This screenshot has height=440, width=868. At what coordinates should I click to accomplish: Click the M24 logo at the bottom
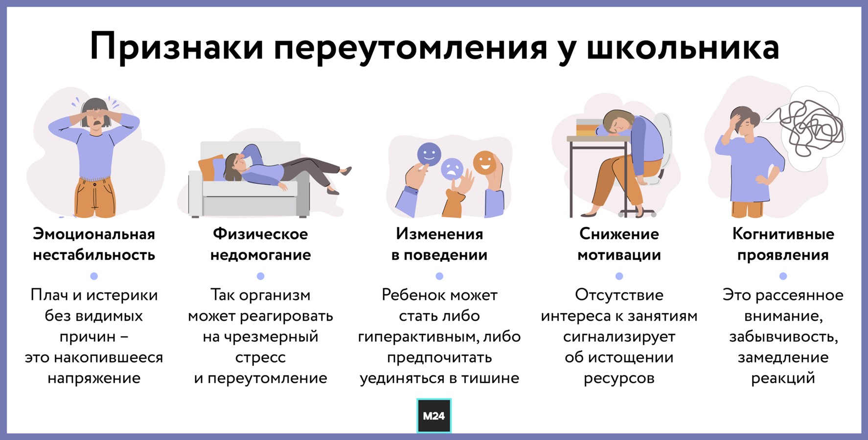coord(434,416)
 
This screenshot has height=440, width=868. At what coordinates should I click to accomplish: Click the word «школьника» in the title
coord(683,47)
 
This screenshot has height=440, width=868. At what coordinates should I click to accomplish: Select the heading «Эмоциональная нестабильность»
coord(94,244)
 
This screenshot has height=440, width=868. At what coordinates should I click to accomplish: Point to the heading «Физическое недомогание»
coord(260,244)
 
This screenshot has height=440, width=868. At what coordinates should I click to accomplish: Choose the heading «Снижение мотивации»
coord(619,244)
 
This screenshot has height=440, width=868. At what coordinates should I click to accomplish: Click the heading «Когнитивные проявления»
coord(783,244)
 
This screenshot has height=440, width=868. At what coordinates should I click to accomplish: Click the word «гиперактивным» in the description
coord(418,337)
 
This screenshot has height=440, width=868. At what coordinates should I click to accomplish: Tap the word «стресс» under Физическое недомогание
coord(260,358)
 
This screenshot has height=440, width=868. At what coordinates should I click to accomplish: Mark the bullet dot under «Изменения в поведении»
coord(439,276)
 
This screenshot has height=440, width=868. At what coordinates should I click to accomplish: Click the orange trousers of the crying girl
coord(95,198)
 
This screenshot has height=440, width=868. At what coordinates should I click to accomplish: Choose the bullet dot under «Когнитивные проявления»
coord(783,276)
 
